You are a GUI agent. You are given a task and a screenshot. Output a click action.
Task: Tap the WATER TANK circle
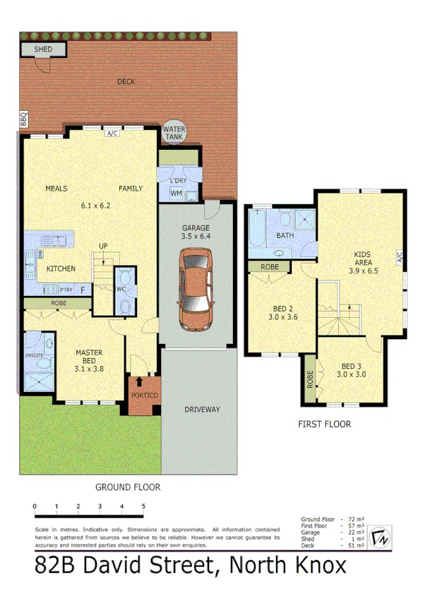(x=174, y=133)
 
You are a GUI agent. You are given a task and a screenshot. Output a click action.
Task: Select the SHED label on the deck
(x=42, y=49)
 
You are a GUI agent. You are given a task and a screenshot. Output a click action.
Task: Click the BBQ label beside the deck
(x=23, y=119)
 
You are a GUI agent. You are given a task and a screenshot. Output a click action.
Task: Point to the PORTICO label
(x=145, y=395)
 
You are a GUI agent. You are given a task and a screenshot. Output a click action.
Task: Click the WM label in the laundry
(x=176, y=193)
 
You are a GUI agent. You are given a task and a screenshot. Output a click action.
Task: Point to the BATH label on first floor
(x=285, y=236)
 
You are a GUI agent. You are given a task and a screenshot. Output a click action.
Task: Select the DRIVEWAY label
(x=203, y=410)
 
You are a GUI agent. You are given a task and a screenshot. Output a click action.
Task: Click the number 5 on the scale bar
(x=143, y=506)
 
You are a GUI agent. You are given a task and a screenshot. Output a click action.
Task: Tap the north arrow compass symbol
(x=382, y=538)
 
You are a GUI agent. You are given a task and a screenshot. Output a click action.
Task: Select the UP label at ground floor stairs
(x=103, y=246)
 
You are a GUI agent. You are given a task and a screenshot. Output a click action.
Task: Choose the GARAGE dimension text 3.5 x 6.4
(x=196, y=237)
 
